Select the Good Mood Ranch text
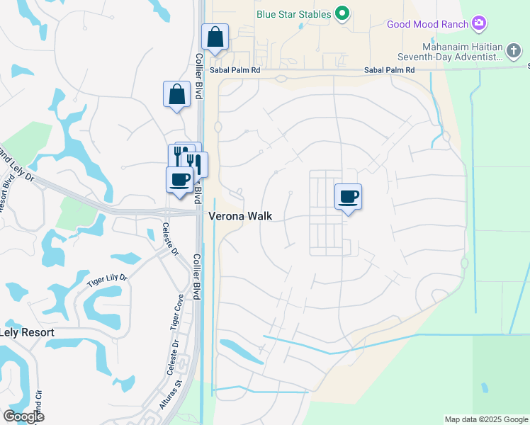coord(427,24)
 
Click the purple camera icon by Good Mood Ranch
coord(480,24)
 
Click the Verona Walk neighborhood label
coord(240,217)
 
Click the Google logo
coord(23,416)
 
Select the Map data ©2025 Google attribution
coord(485,419)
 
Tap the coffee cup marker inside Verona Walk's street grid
coord(347,196)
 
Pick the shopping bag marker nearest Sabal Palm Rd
coord(215,37)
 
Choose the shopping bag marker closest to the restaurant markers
coord(176,94)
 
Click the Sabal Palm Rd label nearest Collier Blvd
coord(235,71)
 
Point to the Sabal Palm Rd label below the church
coord(389,70)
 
